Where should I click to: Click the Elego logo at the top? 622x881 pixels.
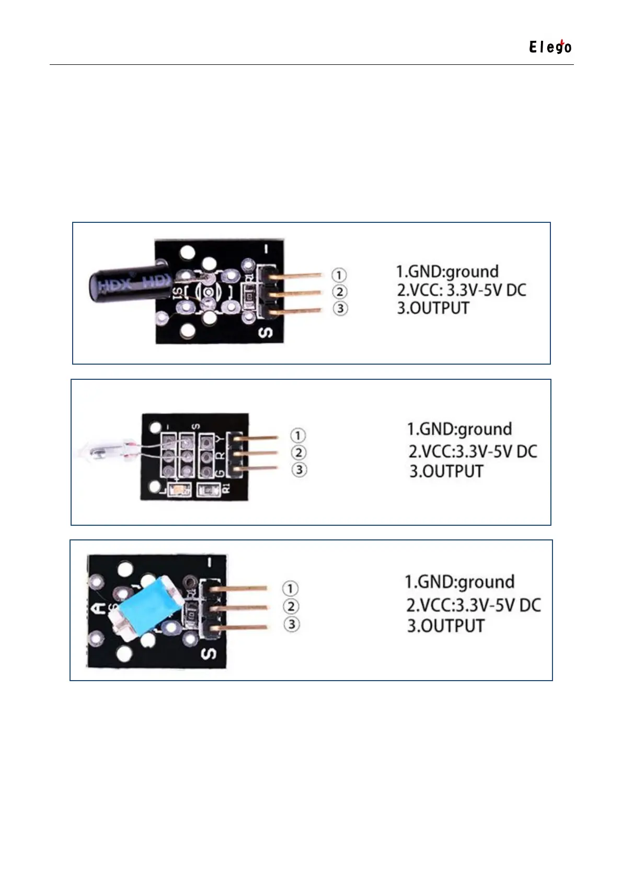coord(550,47)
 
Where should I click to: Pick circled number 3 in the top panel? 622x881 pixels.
coord(340,309)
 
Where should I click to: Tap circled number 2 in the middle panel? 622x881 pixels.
coord(298,453)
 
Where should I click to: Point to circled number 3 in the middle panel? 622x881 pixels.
coord(299,469)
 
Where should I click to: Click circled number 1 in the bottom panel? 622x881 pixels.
coord(291,589)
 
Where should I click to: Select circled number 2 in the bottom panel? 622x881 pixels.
coord(291,606)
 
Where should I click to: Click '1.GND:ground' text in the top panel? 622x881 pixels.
coord(447,272)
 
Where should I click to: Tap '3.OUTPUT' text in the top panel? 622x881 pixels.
coord(433,308)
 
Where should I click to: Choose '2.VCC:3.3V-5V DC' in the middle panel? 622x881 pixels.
coord(473,451)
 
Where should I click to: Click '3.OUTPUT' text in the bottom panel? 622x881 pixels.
coord(446,626)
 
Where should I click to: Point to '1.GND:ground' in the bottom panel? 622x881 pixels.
coord(459,582)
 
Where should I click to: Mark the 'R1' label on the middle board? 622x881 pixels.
coord(226,489)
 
